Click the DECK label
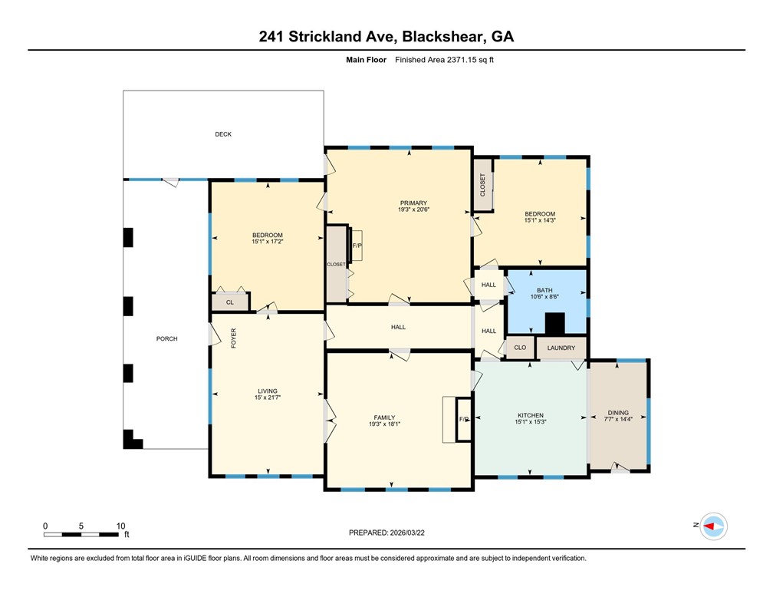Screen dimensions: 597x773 pos(223,134)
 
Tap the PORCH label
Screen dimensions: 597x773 pos(167,338)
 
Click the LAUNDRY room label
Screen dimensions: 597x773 pos(561,348)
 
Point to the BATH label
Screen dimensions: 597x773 pos(544,290)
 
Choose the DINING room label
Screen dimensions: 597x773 pos(617,412)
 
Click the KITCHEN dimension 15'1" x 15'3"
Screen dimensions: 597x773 pos(530,422)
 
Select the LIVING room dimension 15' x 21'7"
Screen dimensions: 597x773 pos(267,397)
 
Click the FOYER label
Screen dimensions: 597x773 pos(234,338)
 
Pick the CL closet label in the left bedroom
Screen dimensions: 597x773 pos(229,303)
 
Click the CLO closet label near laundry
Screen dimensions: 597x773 pos(520,348)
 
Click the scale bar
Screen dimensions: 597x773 pos(83,533)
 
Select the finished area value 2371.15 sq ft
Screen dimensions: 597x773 pos(445,60)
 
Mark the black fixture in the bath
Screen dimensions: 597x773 pos(554,325)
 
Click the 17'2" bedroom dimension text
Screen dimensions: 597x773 pos(268,242)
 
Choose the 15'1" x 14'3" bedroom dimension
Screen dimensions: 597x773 pos(540,221)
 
